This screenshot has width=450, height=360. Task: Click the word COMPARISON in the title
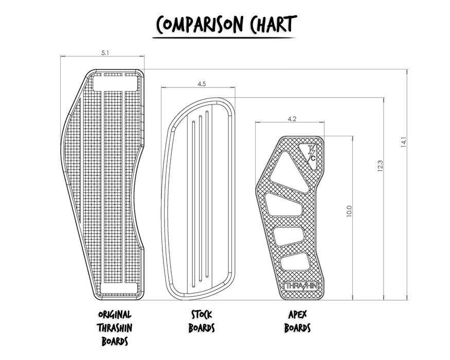[x=200, y=24]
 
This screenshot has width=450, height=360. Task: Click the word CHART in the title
[x=273, y=24]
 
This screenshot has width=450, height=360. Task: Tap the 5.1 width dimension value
[x=105, y=53]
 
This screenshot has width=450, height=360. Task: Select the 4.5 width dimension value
[x=202, y=84]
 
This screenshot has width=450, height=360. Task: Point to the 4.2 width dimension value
[x=292, y=119]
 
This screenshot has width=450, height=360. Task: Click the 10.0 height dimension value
[x=349, y=211]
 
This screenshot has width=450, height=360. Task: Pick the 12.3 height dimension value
[x=380, y=166]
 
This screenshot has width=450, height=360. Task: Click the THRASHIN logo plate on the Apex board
[x=301, y=285]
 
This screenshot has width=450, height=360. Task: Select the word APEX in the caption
[x=298, y=314]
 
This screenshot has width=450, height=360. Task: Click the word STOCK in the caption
[x=202, y=314]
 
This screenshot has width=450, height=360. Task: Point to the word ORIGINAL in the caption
[x=115, y=314]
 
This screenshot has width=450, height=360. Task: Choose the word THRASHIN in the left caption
[x=115, y=328]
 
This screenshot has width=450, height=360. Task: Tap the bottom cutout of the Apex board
[x=295, y=262]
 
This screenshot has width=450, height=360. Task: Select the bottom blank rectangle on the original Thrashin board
[x=119, y=288]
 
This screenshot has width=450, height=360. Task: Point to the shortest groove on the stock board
[x=193, y=204]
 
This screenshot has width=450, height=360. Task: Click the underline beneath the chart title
[x=224, y=38]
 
